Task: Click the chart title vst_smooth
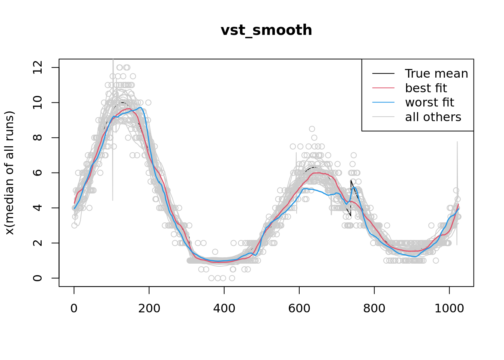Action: pyautogui.click(x=266, y=30)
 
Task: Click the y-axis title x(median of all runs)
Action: pyautogui.click(x=9, y=173)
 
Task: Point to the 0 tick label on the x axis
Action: pyautogui.click(x=74, y=308)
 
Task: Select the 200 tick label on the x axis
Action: pyautogui.click(x=149, y=308)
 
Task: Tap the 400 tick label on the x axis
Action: pyautogui.click(x=224, y=308)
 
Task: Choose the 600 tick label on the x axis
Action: pyautogui.click(x=299, y=308)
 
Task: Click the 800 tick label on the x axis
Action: pyautogui.click(x=374, y=308)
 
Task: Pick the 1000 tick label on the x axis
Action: pyautogui.click(x=449, y=308)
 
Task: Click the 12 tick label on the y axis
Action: pyautogui.click(x=37, y=67)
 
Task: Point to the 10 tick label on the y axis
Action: pyautogui.click(x=37, y=102)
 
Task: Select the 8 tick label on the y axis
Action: pyautogui.click(x=37, y=138)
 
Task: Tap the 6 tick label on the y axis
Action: pyautogui.click(x=37, y=172)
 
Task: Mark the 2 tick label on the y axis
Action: pyautogui.click(x=37, y=243)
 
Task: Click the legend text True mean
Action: pyautogui.click(x=436, y=73)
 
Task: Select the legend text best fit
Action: pyautogui.click(x=426, y=88)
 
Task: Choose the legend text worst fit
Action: pyautogui.click(x=429, y=102)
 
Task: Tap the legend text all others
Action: pyautogui.click(x=433, y=117)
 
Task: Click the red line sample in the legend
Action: pyautogui.click(x=383, y=88)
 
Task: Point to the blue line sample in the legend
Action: pyautogui.click(x=383, y=102)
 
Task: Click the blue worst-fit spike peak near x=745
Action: pyautogui.click(x=354, y=187)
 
